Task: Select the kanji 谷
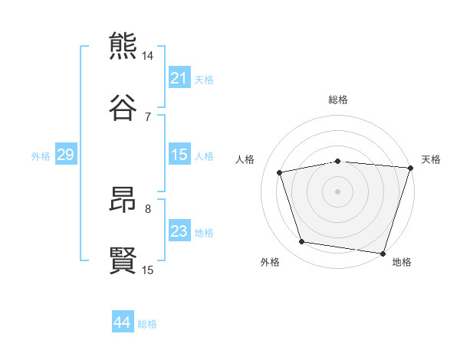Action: (x=123, y=107)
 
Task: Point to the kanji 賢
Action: (x=123, y=260)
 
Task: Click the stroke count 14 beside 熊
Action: (x=148, y=56)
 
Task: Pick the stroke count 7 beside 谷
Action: (x=148, y=116)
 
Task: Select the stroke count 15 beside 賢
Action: (x=148, y=270)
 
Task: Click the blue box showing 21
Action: (x=179, y=78)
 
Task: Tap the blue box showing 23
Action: (x=179, y=231)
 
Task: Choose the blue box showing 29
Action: (x=65, y=155)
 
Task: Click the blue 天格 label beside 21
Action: (x=204, y=79)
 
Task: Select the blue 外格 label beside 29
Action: (x=41, y=156)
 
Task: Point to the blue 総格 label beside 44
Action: (x=147, y=324)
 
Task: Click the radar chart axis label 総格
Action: (x=338, y=100)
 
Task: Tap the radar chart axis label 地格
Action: (x=402, y=262)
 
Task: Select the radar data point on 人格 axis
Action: (x=280, y=172)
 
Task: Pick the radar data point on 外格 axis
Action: (x=302, y=242)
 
